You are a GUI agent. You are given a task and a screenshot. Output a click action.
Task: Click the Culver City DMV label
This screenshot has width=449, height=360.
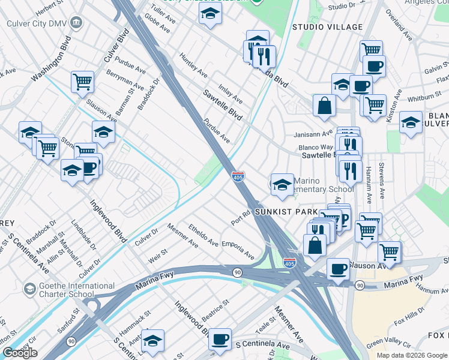point(35,24)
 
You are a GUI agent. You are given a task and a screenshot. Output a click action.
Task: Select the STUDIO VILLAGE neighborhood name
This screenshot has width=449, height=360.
point(327,27)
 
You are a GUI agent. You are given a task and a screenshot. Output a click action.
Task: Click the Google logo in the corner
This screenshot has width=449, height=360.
point(20,353)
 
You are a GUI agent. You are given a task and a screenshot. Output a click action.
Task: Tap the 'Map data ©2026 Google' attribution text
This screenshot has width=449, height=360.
point(411,355)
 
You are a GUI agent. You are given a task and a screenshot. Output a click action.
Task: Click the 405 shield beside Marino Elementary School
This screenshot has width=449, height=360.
point(238,176)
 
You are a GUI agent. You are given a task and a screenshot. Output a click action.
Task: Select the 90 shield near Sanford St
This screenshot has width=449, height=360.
point(71,341)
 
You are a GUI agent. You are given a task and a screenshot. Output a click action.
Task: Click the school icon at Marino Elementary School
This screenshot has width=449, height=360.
point(282,185)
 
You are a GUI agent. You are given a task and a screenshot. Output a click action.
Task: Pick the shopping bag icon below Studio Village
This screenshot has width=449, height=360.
point(324,106)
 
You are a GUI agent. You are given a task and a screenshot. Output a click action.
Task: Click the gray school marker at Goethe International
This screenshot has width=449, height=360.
point(29,290)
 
